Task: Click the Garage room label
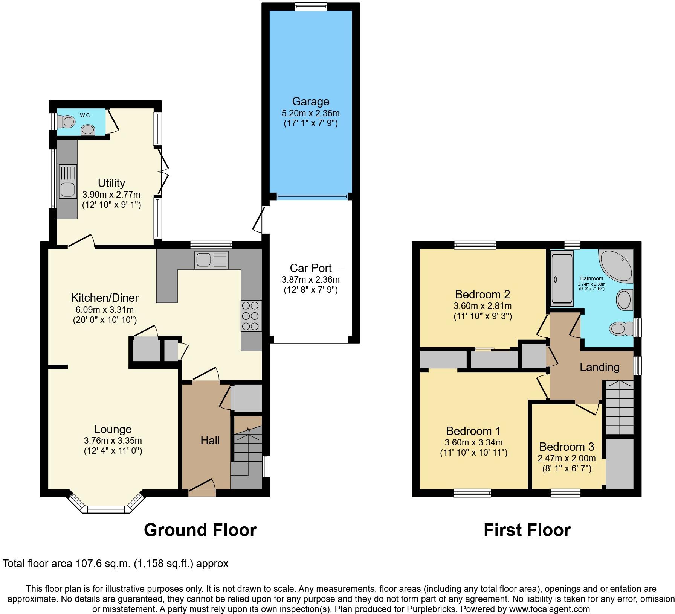pos(310,102)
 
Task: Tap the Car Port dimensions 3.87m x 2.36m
pos(310,280)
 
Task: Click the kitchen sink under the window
pos(212,260)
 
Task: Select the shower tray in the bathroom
pos(562,278)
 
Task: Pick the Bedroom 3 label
pos(567,447)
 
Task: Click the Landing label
pos(599,367)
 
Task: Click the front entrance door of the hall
pos(202,488)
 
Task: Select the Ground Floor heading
pos(200,530)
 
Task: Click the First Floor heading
pos(527,530)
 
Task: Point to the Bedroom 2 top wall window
pos(475,245)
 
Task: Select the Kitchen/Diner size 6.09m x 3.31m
pos(105,310)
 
